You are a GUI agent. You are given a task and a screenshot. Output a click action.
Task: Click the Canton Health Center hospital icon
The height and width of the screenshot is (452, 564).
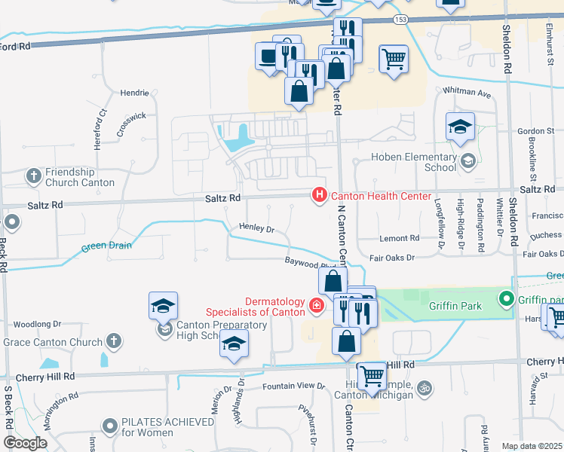pos(319,196)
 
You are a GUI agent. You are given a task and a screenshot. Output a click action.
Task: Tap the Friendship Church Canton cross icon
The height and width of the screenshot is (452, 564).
pos(33,176)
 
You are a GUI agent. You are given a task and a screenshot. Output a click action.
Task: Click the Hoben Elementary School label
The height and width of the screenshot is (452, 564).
pos(414,163)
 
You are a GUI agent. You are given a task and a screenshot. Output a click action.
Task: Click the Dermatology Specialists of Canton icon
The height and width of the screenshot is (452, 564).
pos(317,306)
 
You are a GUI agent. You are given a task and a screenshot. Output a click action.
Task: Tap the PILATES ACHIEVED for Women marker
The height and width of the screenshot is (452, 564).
pos(111,426)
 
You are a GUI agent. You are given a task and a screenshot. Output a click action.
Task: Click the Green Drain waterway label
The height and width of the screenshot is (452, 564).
pos(106,245)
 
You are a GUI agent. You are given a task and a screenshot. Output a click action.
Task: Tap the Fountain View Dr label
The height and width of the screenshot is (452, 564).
pos(293,386)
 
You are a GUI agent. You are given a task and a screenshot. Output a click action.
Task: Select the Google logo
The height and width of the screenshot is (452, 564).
pos(25,442)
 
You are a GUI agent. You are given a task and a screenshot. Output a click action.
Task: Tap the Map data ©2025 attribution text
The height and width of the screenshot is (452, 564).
pos(532,446)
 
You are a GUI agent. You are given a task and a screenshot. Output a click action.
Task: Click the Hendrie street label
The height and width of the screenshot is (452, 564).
pos(134,93)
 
